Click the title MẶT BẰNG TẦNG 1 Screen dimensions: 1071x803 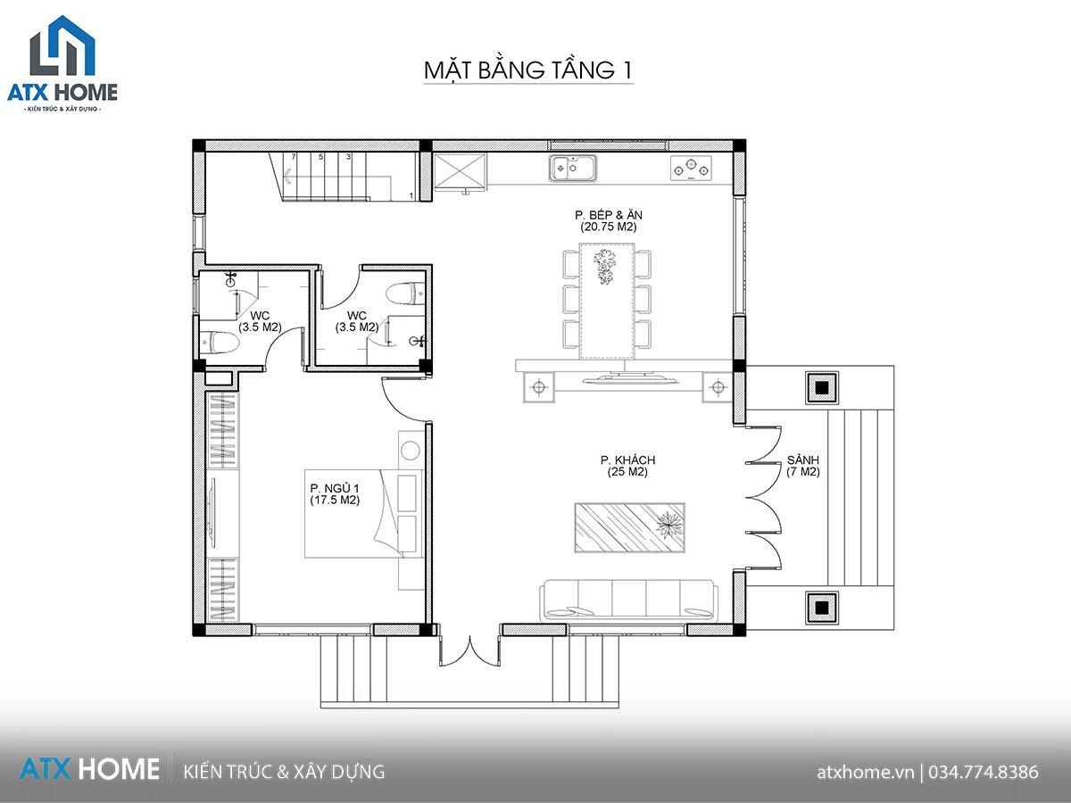(x=528, y=70)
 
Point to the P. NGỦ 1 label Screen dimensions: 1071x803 (x=335, y=488)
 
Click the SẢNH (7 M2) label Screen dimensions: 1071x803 (x=802, y=466)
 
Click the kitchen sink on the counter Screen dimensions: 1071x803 (x=573, y=169)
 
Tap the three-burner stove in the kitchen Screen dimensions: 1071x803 (x=691, y=169)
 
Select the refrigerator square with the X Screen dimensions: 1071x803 (x=460, y=170)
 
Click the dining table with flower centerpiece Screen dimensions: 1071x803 (x=607, y=302)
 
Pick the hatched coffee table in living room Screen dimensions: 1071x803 (x=629, y=527)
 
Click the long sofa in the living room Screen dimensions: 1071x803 (x=628, y=600)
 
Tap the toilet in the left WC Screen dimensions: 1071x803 (x=219, y=342)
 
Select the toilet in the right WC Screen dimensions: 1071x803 (x=405, y=294)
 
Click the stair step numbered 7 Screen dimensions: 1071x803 (x=294, y=157)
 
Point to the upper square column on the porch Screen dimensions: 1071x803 (x=822, y=387)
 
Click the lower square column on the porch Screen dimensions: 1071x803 (x=822, y=608)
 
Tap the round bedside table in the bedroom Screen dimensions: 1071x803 (x=411, y=451)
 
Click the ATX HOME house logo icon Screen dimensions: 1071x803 (x=62, y=46)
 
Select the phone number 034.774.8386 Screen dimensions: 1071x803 (x=984, y=772)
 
